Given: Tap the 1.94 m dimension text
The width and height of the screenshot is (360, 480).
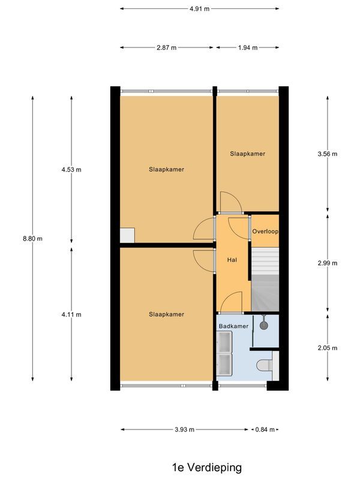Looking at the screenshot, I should coord(247,47).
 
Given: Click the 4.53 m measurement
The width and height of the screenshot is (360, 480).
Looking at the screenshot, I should coord(71,170).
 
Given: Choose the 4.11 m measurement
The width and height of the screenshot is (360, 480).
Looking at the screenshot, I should coord(71,314).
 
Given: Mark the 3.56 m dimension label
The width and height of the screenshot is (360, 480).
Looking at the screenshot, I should coord(328,154).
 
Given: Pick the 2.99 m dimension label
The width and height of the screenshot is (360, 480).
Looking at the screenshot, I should coord(328,263).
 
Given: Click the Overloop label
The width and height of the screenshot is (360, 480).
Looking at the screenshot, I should coord(265,231).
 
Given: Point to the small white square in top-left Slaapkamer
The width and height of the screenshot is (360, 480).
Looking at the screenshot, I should coord(127,235).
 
